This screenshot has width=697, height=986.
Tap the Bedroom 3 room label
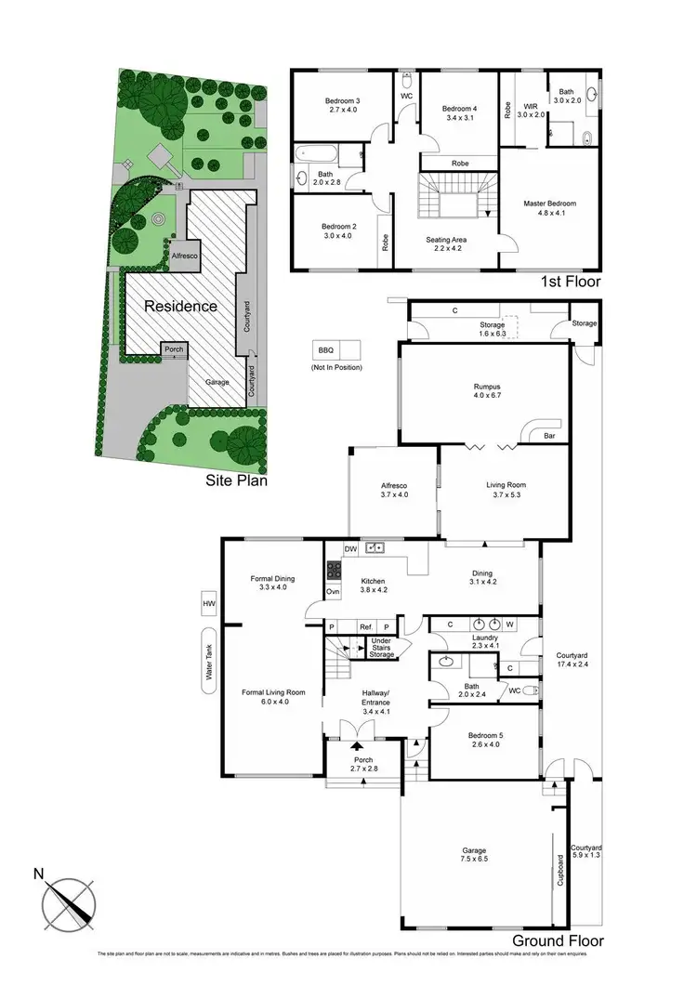[x=342, y=101]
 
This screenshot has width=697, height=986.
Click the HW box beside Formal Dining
[x=207, y=604]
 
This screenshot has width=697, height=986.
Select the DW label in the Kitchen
[x=349, y=548]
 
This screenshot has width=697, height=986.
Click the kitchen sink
[x=376, y=548]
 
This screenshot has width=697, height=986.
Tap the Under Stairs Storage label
[x=381, y=648]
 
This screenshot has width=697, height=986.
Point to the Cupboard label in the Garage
[x=560, y=872]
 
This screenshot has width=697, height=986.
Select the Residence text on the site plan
[x=179, y=306]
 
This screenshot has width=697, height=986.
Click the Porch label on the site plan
[x=172, y=350]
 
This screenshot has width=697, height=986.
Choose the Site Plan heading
[x=237, y=480]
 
